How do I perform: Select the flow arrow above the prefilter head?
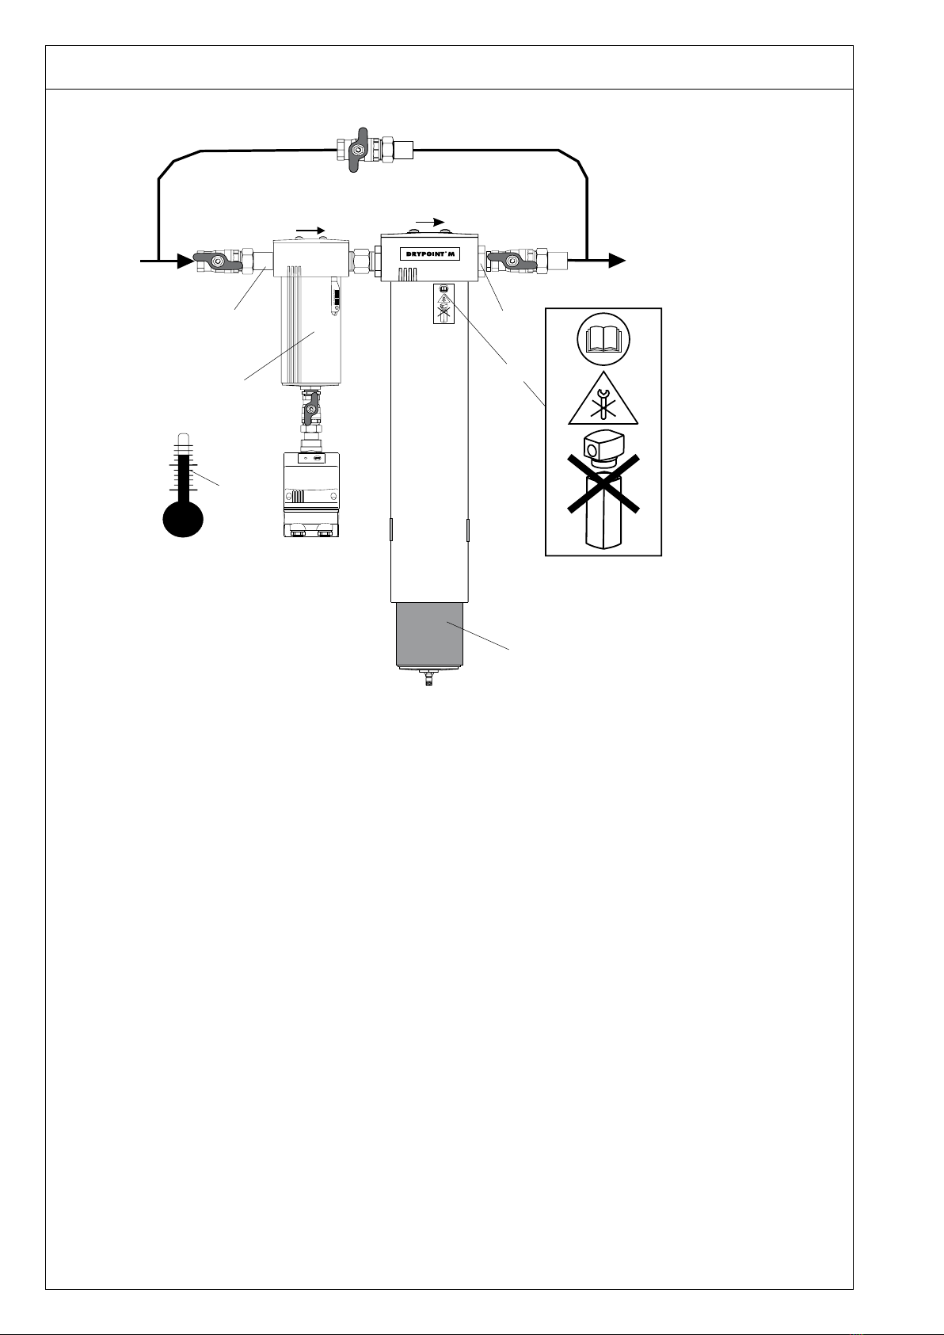click(310, 231)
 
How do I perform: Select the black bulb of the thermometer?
click(183, 520)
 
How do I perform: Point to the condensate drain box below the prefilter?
click(312, 494)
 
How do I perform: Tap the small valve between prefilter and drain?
click(311, 409)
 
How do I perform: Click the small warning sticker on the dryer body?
click(444, 304)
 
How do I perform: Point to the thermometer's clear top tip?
click(183, 438)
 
